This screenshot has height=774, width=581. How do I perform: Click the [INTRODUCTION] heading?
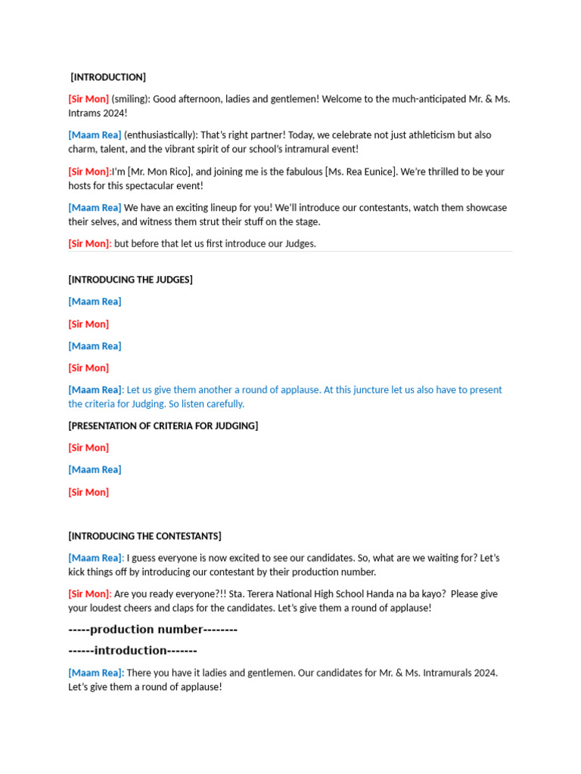[x=108, y=77]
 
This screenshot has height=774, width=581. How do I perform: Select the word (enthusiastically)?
[x=160, y=135]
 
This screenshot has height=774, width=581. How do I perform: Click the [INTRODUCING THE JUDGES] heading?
[x=130, y=280]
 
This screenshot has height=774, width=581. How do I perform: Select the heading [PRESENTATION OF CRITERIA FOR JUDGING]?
[x=163, y=426]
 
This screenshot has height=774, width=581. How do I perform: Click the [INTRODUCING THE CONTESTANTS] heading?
[x=144, y=536]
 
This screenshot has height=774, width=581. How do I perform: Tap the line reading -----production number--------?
[x=153, y=630]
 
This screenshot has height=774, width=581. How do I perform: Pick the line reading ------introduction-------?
[x=132, y=651]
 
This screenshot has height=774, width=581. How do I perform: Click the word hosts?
[x=79, y=185]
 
